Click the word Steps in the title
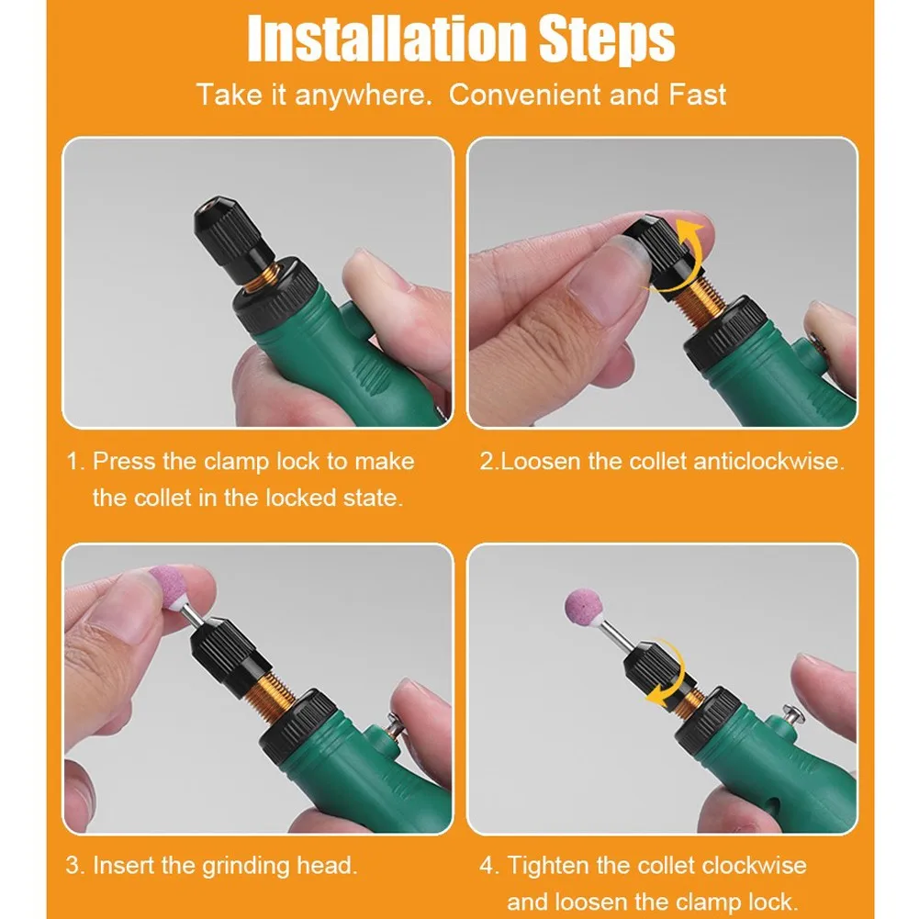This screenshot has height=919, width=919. (x=607, y=39)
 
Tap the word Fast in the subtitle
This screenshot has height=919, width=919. (x=698, y=95)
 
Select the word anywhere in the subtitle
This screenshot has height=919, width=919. (x=363, y=95)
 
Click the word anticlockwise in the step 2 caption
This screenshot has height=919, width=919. (x=768, y=461)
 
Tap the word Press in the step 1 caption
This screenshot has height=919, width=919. (x=124, y=461)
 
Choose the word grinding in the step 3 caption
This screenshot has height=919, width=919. (x=246, y=867)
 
